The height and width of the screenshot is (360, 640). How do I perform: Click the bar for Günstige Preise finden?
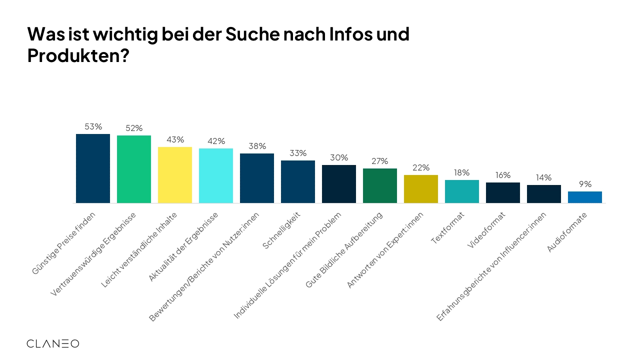coord(93,168)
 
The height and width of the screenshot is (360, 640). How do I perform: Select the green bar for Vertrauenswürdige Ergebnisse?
coord(134,169)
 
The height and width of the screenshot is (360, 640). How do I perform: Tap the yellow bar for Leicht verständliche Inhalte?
coord(175,175)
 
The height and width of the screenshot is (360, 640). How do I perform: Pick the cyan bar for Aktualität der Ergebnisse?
coord(216,175)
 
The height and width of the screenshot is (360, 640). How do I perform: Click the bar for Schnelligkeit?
coord(298,181)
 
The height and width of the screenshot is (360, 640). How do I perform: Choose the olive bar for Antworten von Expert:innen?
coord(421,189)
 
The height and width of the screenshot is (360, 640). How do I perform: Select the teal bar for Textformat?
coord(462,191)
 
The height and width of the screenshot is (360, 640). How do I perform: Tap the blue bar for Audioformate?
coord(585,197)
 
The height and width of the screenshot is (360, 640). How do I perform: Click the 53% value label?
coord(93,127)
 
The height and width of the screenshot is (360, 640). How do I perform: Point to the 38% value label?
coord(257,146)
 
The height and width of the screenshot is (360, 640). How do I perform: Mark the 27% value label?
coord(380,161)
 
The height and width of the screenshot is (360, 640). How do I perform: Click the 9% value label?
coord(585,184)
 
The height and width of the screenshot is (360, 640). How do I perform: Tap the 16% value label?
coord(503,175)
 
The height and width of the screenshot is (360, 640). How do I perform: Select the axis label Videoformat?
coord(486,230)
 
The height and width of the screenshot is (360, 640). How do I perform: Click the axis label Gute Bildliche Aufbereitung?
coord(344,250)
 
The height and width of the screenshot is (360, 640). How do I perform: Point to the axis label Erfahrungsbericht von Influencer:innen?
coord(491,266)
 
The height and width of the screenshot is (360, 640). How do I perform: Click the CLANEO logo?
coord(52,343)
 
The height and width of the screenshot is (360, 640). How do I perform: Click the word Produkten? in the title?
coord(78,56)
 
